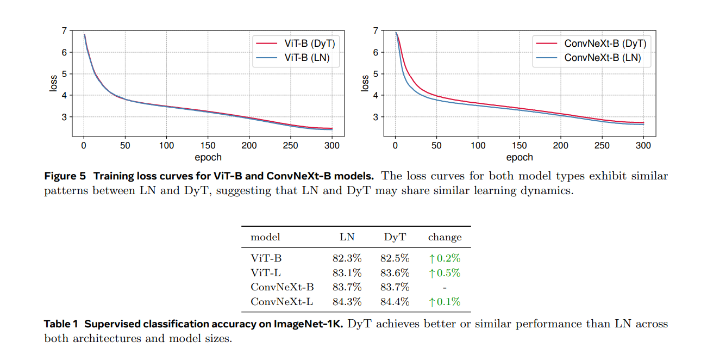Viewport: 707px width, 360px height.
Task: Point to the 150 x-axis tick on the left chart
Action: coord(208,145)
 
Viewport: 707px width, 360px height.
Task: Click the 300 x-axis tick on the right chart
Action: coord(643,145)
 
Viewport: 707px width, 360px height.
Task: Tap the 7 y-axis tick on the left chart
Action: coord(65,31)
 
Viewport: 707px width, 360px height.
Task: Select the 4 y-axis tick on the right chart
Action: coord(376,96)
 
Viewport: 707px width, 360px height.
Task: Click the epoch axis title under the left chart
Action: coord(208,157)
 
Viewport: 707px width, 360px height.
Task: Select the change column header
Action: coord(445,237)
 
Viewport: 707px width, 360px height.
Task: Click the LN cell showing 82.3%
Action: coord(347,259)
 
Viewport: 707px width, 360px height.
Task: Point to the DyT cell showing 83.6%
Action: coord(395,273)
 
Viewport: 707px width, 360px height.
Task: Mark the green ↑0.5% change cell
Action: coord(445,273)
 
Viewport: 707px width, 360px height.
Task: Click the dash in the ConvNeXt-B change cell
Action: coord(445,287)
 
